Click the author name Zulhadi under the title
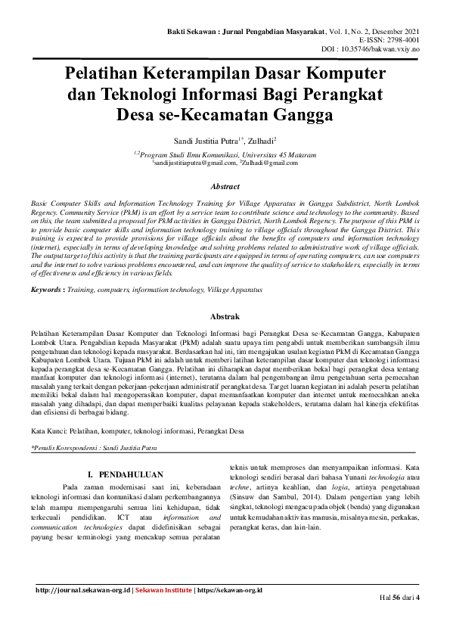tap(262, 141)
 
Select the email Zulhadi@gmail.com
tap(271, 162)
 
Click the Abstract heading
tap(225, 186)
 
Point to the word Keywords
tap(45, 290)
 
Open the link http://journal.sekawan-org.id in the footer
tap(84, 589)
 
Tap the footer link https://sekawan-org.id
tap(228, 589)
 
